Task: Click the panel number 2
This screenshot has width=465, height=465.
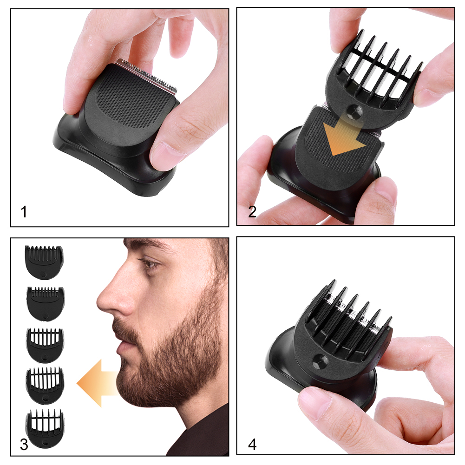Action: [252, 212]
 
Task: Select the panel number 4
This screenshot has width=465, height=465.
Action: [252, 444]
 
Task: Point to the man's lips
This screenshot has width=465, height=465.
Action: [118, 344]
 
